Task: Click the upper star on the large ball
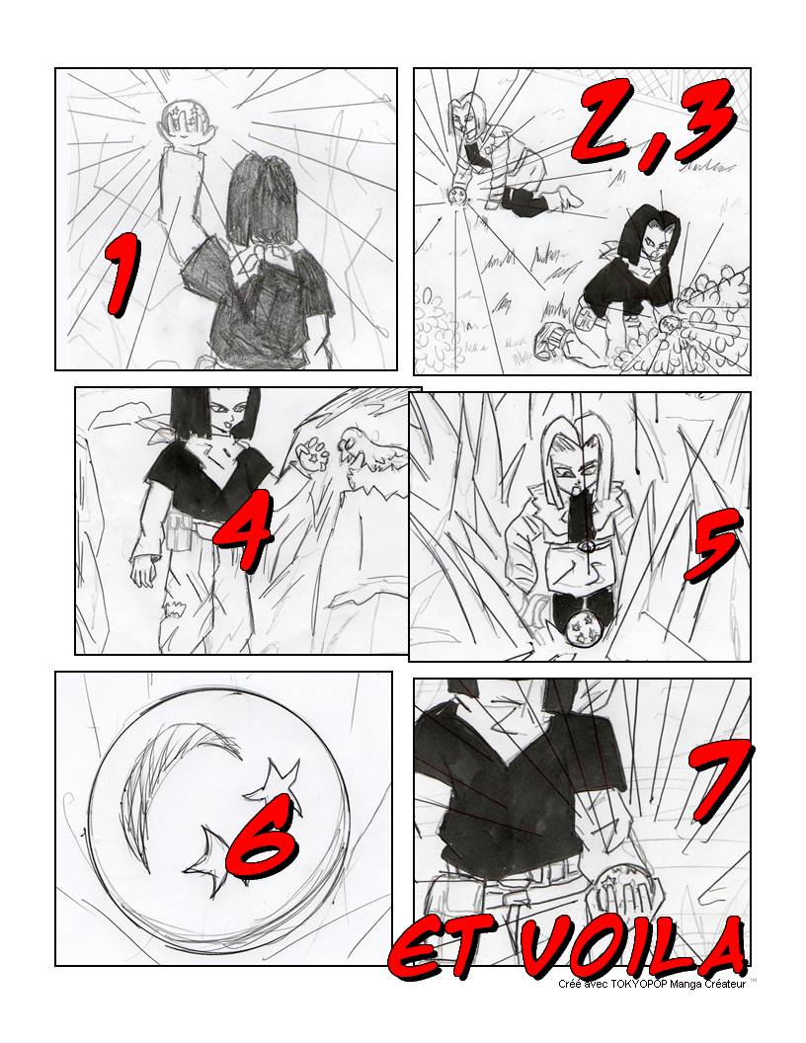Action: coord(275,783)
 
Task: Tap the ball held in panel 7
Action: coord(619,892)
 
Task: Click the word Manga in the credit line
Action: coord(677,984)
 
